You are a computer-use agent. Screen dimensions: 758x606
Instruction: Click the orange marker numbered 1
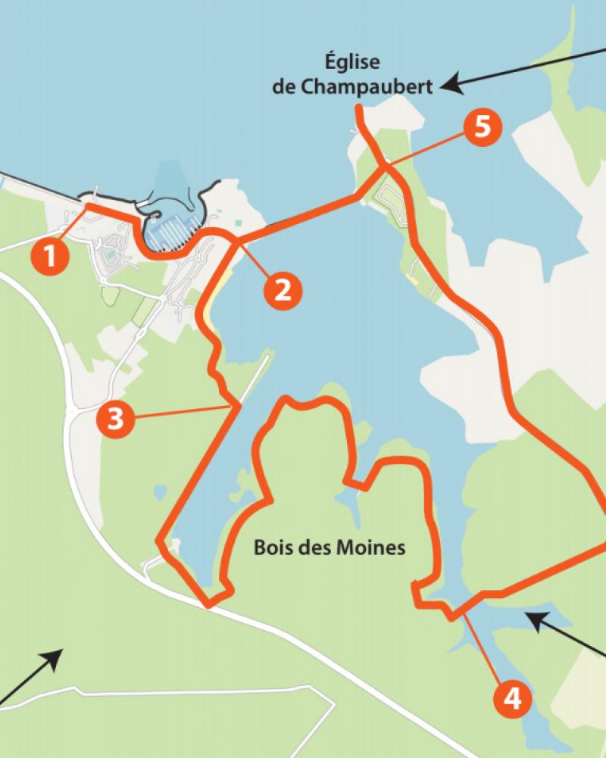(x=50, y=257)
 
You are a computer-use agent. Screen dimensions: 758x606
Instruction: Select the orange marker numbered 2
(x=282, y=289)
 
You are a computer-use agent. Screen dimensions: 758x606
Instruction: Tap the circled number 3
(x=114, y=419)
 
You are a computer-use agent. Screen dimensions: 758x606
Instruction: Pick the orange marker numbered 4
(x=512, y=698)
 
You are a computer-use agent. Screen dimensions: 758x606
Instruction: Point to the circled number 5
(x=482, y=127)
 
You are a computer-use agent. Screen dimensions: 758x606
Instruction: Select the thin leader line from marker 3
(x=182, y=413)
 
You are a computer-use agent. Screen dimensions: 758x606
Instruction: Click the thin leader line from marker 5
(x=424, y=147)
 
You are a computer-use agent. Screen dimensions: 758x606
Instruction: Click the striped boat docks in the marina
(x=175, y=228)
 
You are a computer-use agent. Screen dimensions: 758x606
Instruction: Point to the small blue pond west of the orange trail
(x=159, y=492)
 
